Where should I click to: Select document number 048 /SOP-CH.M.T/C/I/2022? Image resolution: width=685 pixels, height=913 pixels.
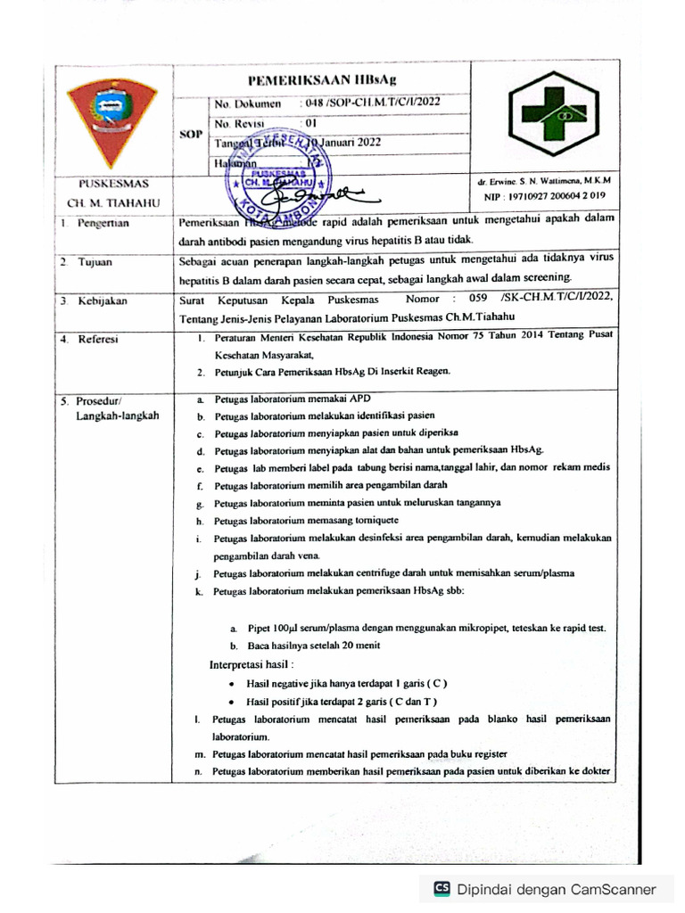point(371,103)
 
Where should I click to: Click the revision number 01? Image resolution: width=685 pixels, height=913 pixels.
point(310,124)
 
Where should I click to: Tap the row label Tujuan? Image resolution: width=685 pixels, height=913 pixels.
point(94,263)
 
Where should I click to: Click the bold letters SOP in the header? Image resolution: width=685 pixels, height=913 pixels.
point(190,135)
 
